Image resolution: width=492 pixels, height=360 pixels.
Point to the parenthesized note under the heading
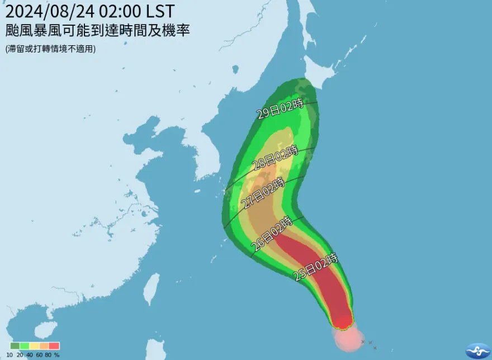point(51,49)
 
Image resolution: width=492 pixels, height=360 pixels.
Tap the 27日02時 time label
point(262,193)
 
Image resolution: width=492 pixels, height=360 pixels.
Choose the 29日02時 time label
point(280,108)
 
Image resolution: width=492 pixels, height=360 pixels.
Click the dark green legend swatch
point(15,345)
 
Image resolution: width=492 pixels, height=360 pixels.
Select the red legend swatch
point(54,345)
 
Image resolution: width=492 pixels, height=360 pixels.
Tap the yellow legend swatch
point(35,345)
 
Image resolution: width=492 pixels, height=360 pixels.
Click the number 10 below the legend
point(10,354)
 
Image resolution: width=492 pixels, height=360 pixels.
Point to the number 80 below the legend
point(48,354)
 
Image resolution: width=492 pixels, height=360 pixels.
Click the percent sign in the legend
point(57,354)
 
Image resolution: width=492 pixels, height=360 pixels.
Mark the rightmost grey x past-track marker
point(375,348)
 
